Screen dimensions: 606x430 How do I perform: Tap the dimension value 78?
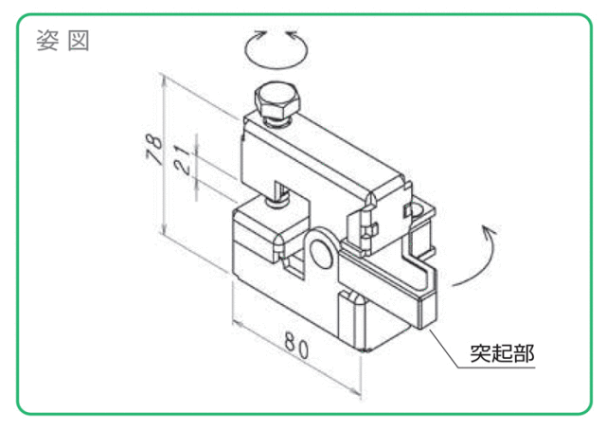153,150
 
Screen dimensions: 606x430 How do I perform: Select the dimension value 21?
183,159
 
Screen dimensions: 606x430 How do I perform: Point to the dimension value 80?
296,346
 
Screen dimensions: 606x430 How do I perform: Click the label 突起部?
502,352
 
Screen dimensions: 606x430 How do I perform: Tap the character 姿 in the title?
47,40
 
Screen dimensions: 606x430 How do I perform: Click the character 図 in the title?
79,40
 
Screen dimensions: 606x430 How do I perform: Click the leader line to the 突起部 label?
444,349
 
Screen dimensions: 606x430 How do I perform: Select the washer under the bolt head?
276,122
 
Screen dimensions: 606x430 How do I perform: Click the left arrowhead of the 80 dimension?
238,325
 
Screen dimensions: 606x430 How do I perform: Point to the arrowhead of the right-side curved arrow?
488,230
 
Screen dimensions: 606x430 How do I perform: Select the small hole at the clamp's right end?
416,210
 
